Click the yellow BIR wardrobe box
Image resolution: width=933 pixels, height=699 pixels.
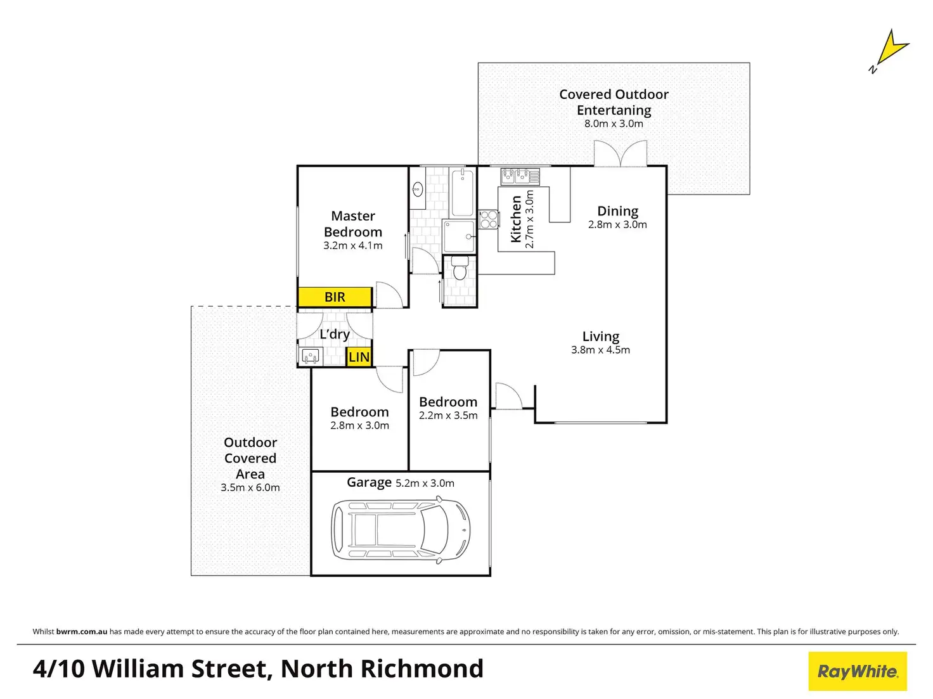coord(335,297)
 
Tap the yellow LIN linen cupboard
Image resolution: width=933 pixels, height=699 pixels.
coord(359,357)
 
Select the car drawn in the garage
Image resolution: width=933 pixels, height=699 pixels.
coord(401,530)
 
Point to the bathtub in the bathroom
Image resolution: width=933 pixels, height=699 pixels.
coord(462,192)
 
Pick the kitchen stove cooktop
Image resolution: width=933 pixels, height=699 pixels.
coord(489,219)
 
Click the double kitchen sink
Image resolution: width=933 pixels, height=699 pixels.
coord(520,175)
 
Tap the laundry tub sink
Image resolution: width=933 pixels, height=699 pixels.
coord(311,356)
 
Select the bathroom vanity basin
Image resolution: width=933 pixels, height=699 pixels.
coord(418,188)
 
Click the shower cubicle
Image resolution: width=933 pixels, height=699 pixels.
coord(459,236)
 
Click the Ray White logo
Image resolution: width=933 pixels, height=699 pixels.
coord(857,671)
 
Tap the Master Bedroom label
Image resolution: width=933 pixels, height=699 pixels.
coord(353,224)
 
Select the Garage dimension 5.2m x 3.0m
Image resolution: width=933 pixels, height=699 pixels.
coord(425,483)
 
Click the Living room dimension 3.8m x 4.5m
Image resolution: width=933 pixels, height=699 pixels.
coord(600,350)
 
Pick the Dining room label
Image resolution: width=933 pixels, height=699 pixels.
coord(617,211)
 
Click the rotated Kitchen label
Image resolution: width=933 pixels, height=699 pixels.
coord(517,219)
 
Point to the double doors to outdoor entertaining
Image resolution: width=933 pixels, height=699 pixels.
coord(621,154)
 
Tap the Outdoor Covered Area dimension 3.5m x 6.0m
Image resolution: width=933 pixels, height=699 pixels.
coord(250,487)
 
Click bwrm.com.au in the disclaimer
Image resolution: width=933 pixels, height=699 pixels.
coord(82,631)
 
